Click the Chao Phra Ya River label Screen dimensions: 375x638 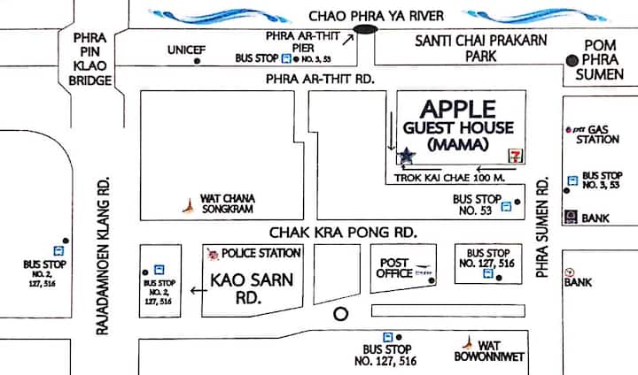(x=382, y=16)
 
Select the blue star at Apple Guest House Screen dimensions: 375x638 (x=407, y=156)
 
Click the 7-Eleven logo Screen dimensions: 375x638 (x=514, y=155)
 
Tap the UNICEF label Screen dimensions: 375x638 (x=186, y=51)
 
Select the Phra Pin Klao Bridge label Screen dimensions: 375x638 (x=91, y=58)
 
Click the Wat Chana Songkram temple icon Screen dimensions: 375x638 (x=188, y=205)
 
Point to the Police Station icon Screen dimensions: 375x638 (x=213, y=255)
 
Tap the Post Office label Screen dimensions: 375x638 (x=394, y=269)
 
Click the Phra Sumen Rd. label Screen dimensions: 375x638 (x=544, y=228)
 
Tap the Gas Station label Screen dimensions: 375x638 (x=597, y=134)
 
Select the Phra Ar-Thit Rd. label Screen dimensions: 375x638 (x=316, y=80)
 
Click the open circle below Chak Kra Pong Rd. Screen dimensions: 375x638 (x=338, y=314)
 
